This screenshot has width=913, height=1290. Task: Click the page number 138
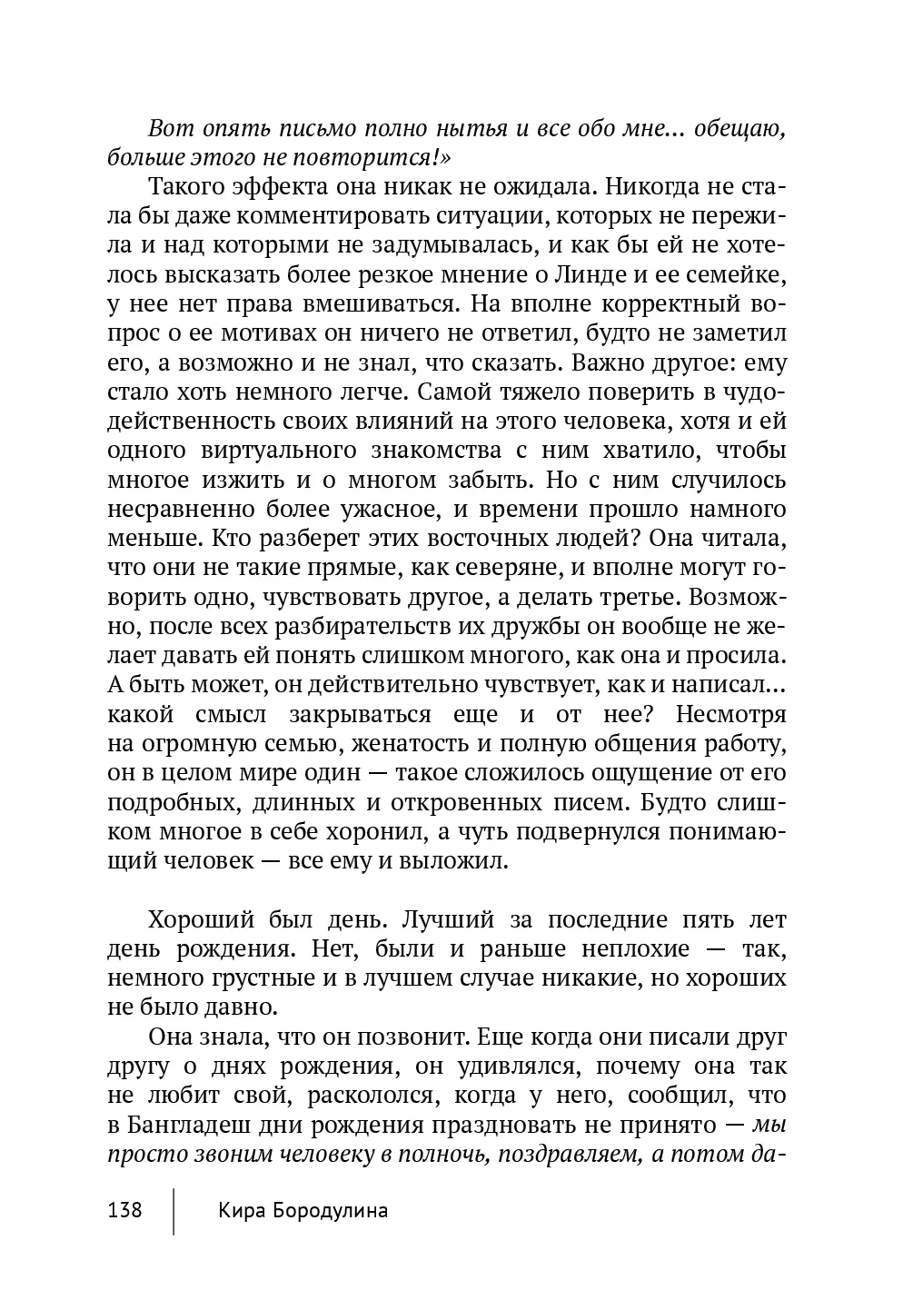[x=124, y=1211]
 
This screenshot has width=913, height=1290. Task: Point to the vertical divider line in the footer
[x=174, y=1208]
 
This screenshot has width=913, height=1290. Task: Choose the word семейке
[x=740, y=275]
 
